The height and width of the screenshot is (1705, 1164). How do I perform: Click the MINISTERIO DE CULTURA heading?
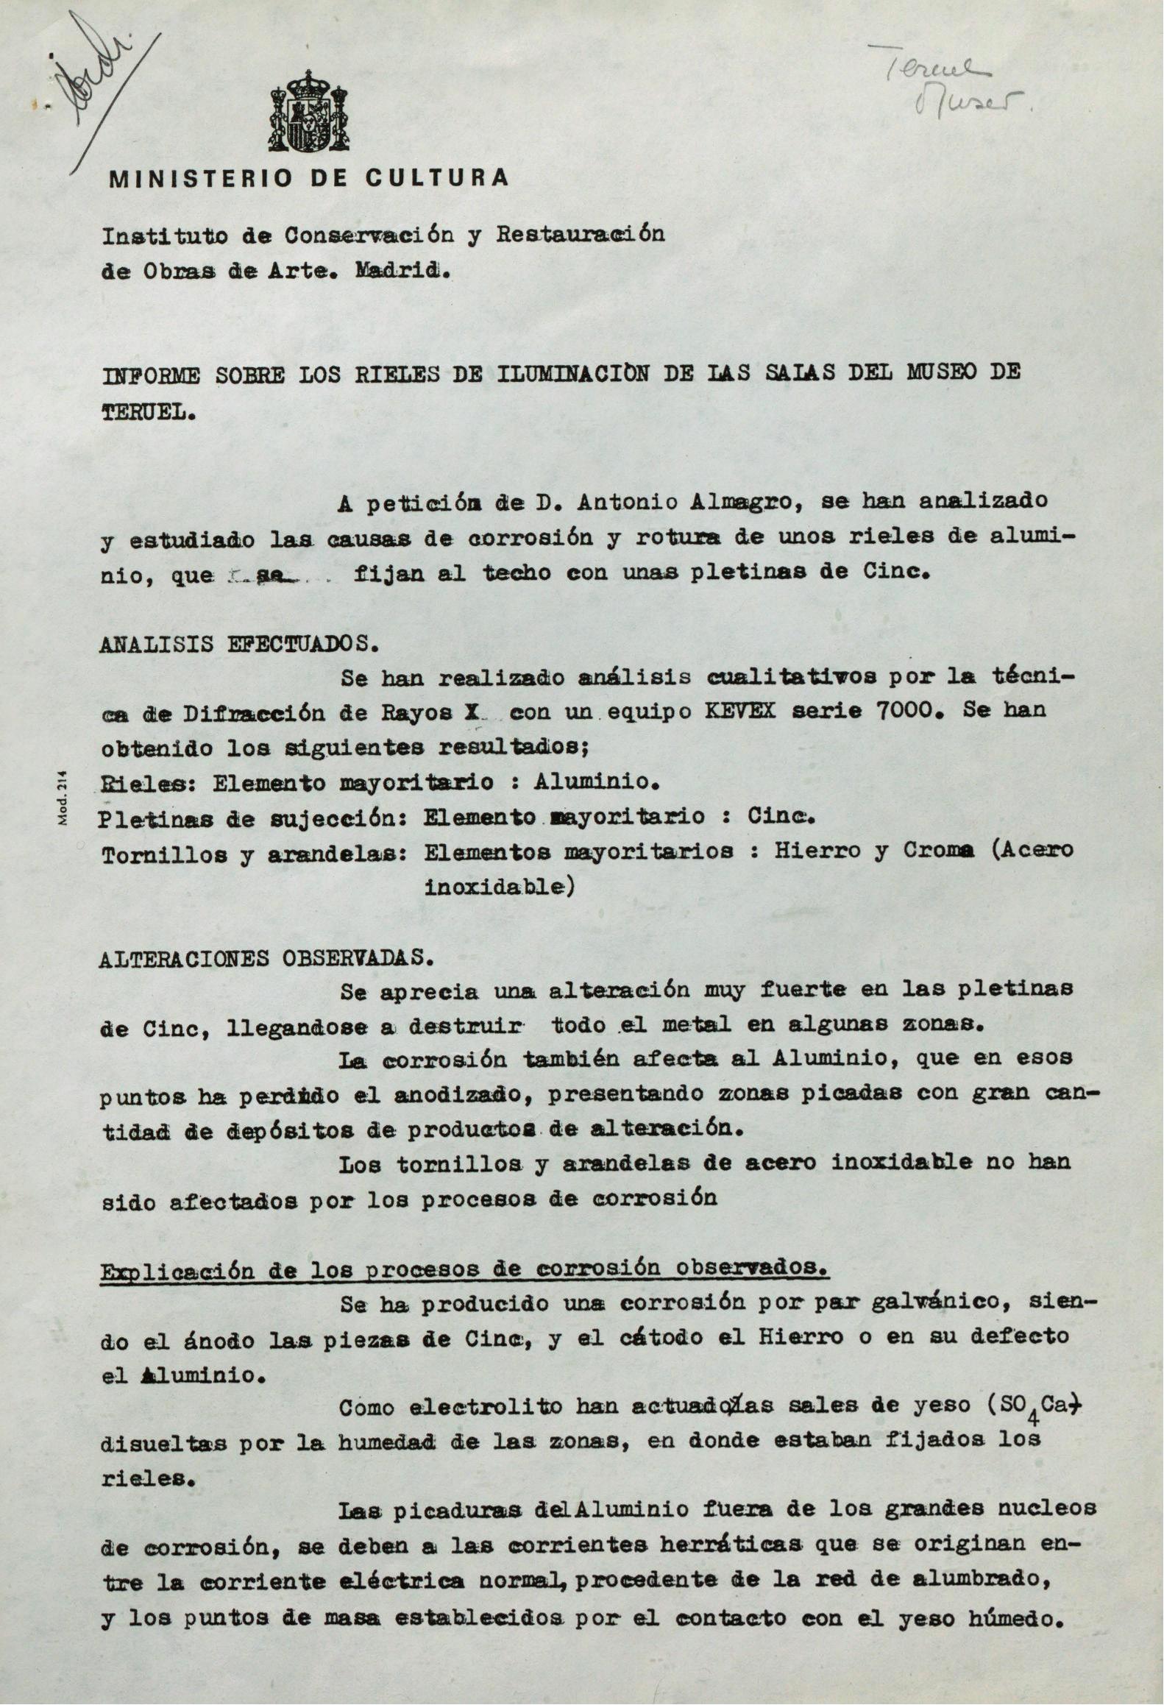(x=308, y=179)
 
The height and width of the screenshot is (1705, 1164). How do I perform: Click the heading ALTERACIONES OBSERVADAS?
(x=266, y=958)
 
